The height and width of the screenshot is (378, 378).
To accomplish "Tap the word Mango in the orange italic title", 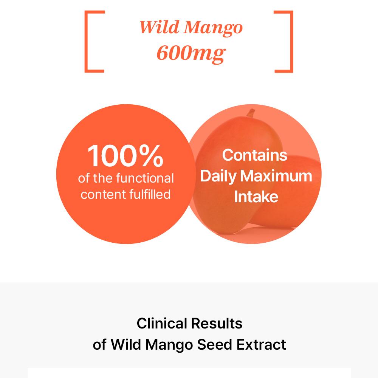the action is (213, 29).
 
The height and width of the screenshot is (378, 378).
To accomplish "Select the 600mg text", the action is (191, 54).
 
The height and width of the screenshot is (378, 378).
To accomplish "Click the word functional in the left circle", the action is (145, 178).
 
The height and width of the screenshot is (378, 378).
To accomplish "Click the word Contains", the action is (254, 155).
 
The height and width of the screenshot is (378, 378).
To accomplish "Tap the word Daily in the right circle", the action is (218, 177).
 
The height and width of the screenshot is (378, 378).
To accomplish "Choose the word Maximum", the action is (276, 176).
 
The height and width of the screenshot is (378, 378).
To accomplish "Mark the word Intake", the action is (256, 197).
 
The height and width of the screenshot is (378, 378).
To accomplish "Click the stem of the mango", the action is (251, 113).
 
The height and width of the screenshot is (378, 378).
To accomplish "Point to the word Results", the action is (217, 323).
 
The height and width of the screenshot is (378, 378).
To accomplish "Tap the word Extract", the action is (261, 344).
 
